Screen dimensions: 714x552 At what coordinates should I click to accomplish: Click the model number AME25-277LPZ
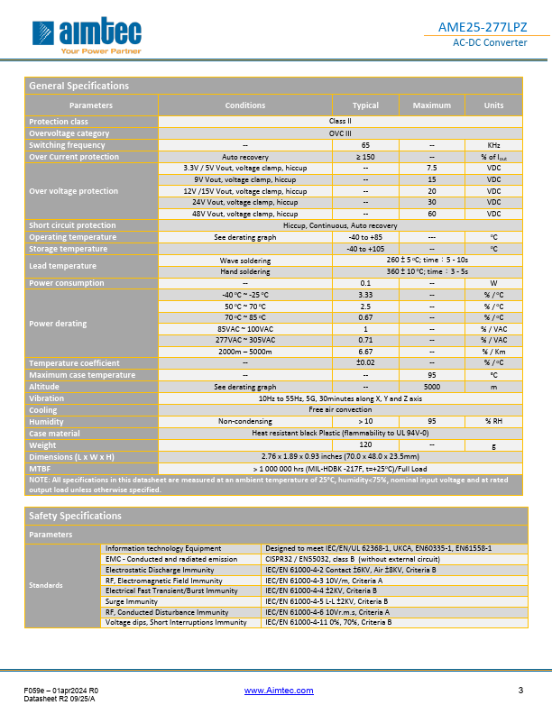coord(488,28)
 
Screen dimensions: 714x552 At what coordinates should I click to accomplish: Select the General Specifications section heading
coord(79,86)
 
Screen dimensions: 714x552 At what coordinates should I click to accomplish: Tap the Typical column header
coord(365,105)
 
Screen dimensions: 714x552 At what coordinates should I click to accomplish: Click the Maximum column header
coord(432,105)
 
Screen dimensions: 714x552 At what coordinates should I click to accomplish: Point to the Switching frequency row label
coord(67,145)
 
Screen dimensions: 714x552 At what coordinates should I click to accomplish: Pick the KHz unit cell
coord(493,145)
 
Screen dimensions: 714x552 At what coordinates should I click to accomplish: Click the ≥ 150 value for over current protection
coord(365,157)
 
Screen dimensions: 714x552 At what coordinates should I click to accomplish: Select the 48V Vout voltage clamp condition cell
coord(245,214)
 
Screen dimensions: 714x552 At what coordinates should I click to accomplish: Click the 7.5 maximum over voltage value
coord(432,169)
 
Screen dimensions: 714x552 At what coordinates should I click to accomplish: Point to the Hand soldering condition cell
coord(245,271)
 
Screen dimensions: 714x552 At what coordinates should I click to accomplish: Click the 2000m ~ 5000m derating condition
coord(245,352)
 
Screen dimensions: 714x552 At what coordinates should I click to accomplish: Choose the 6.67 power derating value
coord(365,352)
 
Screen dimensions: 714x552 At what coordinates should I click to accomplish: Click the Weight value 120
coord(365,444)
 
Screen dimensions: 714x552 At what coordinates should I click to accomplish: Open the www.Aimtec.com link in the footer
coord(279,691)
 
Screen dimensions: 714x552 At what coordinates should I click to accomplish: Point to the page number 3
coord(520,691)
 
